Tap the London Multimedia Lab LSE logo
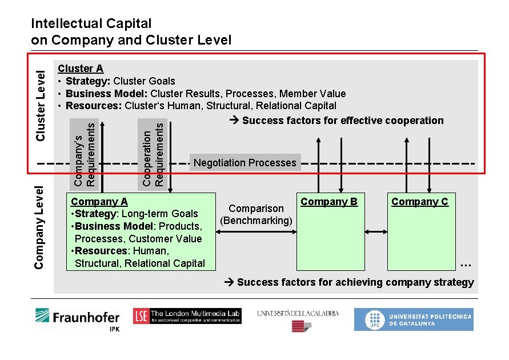pos(187,316)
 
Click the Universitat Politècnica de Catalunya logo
pos(413,319)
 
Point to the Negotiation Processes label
pos(245,163)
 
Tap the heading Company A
pos(99,202)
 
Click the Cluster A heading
pos(81,69)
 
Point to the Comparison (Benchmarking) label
pos(256,214)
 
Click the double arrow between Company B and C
pos(376,231)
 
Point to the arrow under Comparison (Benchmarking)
pos(256,231)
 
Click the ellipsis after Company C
pos(465,264)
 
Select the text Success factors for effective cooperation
pos(342,121)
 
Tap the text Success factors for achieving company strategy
pos(355,282)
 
